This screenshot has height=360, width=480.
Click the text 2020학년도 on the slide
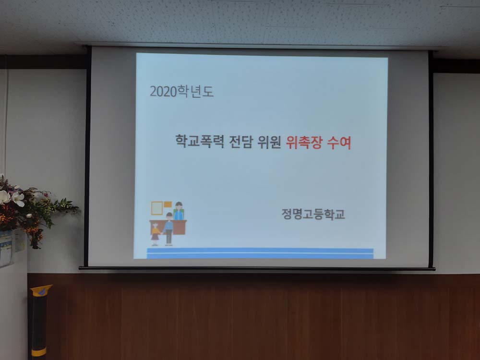coord(181,92)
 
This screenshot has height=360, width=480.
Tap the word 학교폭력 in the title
coord(200,141)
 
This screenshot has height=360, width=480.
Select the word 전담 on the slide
coord(240,142)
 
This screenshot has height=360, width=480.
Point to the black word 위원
coord(269,142)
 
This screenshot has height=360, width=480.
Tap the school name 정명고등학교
coord(313,214)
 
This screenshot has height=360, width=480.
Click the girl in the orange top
coord(156,235)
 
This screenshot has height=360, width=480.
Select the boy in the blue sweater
coord(168,229)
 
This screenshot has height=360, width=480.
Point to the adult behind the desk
coord(179,211)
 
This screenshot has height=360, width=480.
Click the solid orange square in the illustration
coord(168,204)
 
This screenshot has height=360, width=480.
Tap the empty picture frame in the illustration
coord(157,208)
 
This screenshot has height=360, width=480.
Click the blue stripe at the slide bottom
coord(260,253)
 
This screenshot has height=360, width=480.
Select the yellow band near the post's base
coord(38,352)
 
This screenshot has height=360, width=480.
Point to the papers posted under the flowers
coord(7,249)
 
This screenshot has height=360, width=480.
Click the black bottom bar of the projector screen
coord(257,268)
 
